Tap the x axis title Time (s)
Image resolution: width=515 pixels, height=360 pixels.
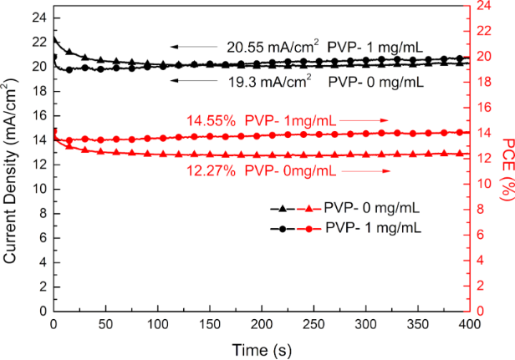click(263, 349)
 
